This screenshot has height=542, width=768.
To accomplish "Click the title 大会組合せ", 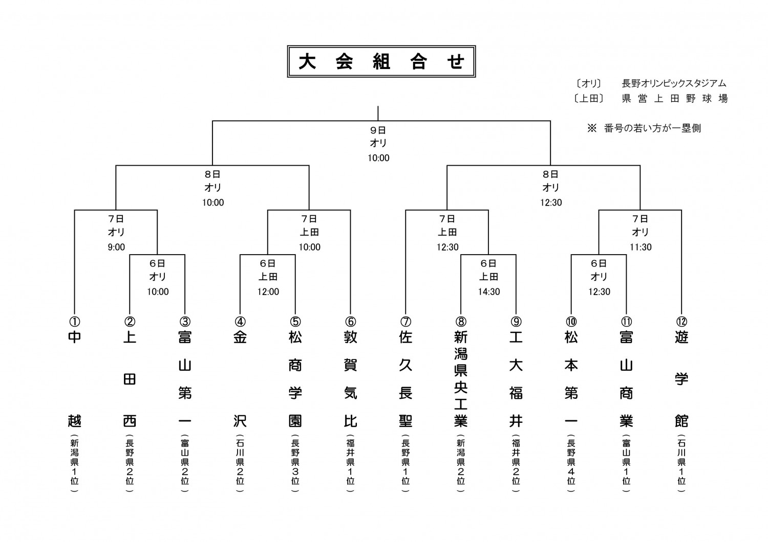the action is [x=381, y=62].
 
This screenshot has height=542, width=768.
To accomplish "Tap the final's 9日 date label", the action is [x=378, y=130].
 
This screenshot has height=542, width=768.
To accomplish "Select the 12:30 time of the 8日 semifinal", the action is [x=551, y=202].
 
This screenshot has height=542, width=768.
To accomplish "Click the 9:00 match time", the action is [x=116, y=247].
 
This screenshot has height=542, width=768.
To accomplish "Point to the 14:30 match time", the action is [x=489, y=292].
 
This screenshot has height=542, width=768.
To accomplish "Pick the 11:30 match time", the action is [x=641, y=247].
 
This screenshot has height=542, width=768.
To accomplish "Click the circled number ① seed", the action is [x=74, y=322].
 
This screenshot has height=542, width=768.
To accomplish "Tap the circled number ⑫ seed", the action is [x=681, y=322].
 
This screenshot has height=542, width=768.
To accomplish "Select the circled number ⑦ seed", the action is [x=406, y=322].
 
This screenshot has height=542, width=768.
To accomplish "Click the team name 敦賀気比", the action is [x=350, y=379].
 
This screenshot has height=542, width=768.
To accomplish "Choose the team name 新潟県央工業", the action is [x=461, y=379].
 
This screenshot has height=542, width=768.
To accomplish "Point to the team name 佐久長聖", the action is [x=406, y=379].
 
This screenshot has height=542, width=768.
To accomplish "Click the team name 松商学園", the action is [x=295, y=379].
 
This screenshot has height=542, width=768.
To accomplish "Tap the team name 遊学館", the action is [x=681, y=379].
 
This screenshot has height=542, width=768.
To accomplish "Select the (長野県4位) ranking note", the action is [x=571, y=462].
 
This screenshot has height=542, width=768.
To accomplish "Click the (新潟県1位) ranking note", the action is [x=74, y=462].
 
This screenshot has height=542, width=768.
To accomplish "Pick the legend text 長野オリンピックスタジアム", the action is [x=674, y=83].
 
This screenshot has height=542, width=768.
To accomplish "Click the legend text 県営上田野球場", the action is [x=675, y=99].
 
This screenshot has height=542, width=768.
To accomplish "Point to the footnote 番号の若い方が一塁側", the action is [x=652, y=128].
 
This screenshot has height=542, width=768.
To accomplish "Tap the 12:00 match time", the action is [x=268, y=292].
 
